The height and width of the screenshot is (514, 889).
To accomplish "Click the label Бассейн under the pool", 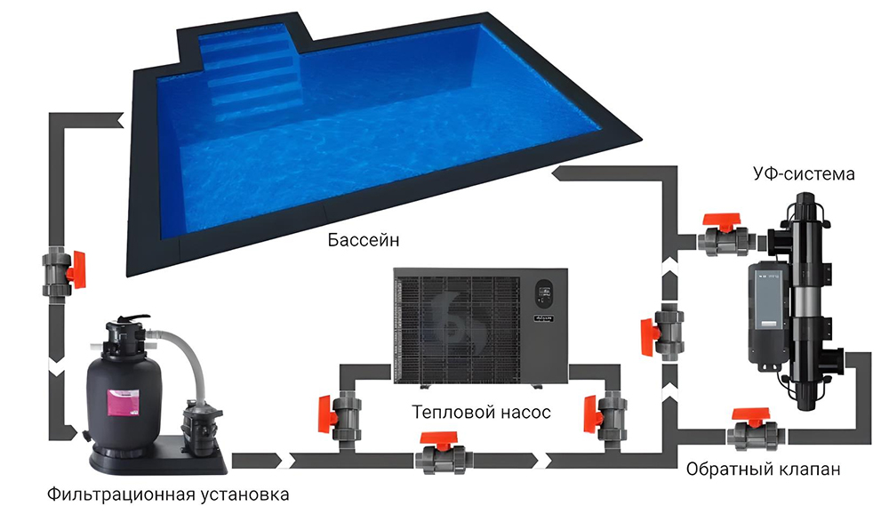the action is coord(364,240).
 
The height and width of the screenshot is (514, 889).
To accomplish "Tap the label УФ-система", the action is coord(804,173).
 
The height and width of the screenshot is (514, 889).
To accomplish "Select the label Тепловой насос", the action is coord(481,412).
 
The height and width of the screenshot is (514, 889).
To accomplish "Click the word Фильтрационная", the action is coord(121,494).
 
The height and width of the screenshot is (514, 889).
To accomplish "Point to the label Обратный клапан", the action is coord(763,470).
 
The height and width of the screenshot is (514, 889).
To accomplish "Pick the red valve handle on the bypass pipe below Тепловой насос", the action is coord(439,438).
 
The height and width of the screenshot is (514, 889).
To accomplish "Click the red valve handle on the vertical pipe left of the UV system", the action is coord(648,337).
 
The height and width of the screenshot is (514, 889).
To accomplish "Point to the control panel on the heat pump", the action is coord(544,293).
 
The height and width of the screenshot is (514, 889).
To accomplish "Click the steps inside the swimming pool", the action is coord(250,73).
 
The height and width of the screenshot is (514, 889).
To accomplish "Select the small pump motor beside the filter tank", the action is coord(199,425).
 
